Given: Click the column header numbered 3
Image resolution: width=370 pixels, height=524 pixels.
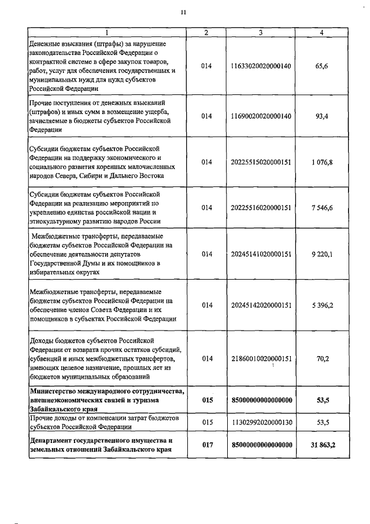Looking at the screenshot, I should [x=261, y=32].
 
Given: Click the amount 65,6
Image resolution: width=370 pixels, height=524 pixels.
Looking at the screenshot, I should [x=322, y=67].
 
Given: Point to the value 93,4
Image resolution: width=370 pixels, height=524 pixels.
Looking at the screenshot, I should [x=322, y=116].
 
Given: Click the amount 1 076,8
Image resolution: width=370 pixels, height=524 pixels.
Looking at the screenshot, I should [x=322, y=162].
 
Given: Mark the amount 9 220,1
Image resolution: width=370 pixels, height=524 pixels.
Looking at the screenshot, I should [x=322, y=253].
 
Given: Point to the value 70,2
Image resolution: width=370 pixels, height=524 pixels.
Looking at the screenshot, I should [x=322, y=358].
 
